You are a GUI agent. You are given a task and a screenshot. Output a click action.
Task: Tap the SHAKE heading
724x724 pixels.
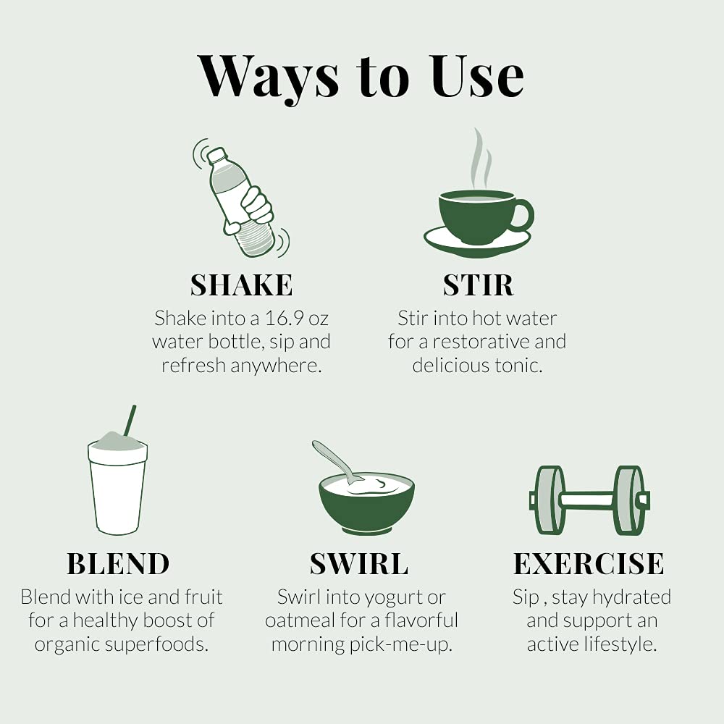point(242,285)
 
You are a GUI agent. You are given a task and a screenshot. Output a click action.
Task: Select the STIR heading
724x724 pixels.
point(478,285)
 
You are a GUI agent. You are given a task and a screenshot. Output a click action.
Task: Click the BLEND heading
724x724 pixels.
point(118,564)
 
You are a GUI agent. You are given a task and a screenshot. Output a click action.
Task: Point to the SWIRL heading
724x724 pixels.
point(359,564)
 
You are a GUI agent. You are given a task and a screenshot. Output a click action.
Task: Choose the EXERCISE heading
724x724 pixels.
point(589,564)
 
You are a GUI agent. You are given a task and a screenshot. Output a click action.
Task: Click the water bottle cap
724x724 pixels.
point(216,156)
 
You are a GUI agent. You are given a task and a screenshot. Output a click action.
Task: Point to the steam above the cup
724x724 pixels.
point(480,159)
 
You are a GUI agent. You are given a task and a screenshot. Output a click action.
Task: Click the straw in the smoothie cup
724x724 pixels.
point(130,420)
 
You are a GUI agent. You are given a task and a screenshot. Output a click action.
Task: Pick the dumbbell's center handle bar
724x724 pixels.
point(587,500)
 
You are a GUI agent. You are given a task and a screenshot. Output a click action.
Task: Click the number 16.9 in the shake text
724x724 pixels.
point(284,318)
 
